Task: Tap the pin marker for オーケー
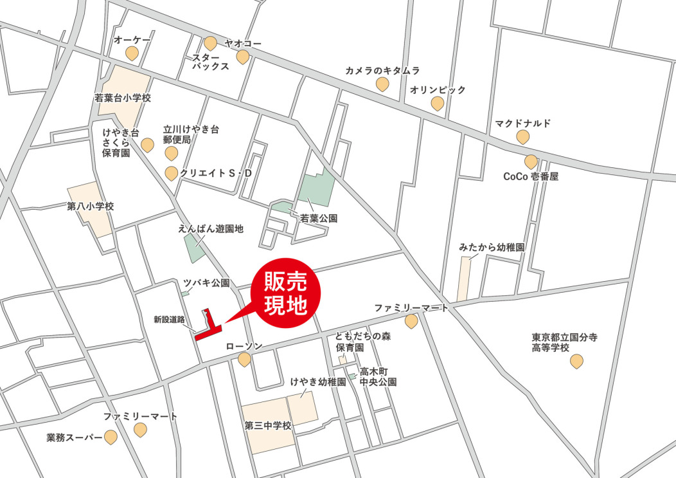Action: click(x=132, y=53)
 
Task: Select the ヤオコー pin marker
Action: click(x=242, y=57)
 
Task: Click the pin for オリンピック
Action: click(x=438, y=103)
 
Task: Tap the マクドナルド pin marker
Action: click(x=523, y=136)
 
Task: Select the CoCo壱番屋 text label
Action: click(x=531, y=176)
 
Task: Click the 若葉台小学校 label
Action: click(x=122, y=98)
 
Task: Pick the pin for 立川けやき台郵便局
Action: click(x=171, y=153)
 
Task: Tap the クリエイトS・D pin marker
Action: click(x=172, y=173)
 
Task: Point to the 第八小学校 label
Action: click(x=90, y=207)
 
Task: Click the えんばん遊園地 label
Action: click(x=211, y=228)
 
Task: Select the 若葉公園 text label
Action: click(x=319, y=218)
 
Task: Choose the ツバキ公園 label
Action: click(x=206, y=282)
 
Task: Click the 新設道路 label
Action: click(x=170, y=318)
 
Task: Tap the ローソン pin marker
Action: click(x=244, y=359)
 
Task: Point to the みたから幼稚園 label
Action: click(x=492, y=247)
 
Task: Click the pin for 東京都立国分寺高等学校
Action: click(x=576, y=362)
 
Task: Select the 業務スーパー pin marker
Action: click(x=111, y=437)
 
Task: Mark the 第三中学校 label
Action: click(x=268, y=425)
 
